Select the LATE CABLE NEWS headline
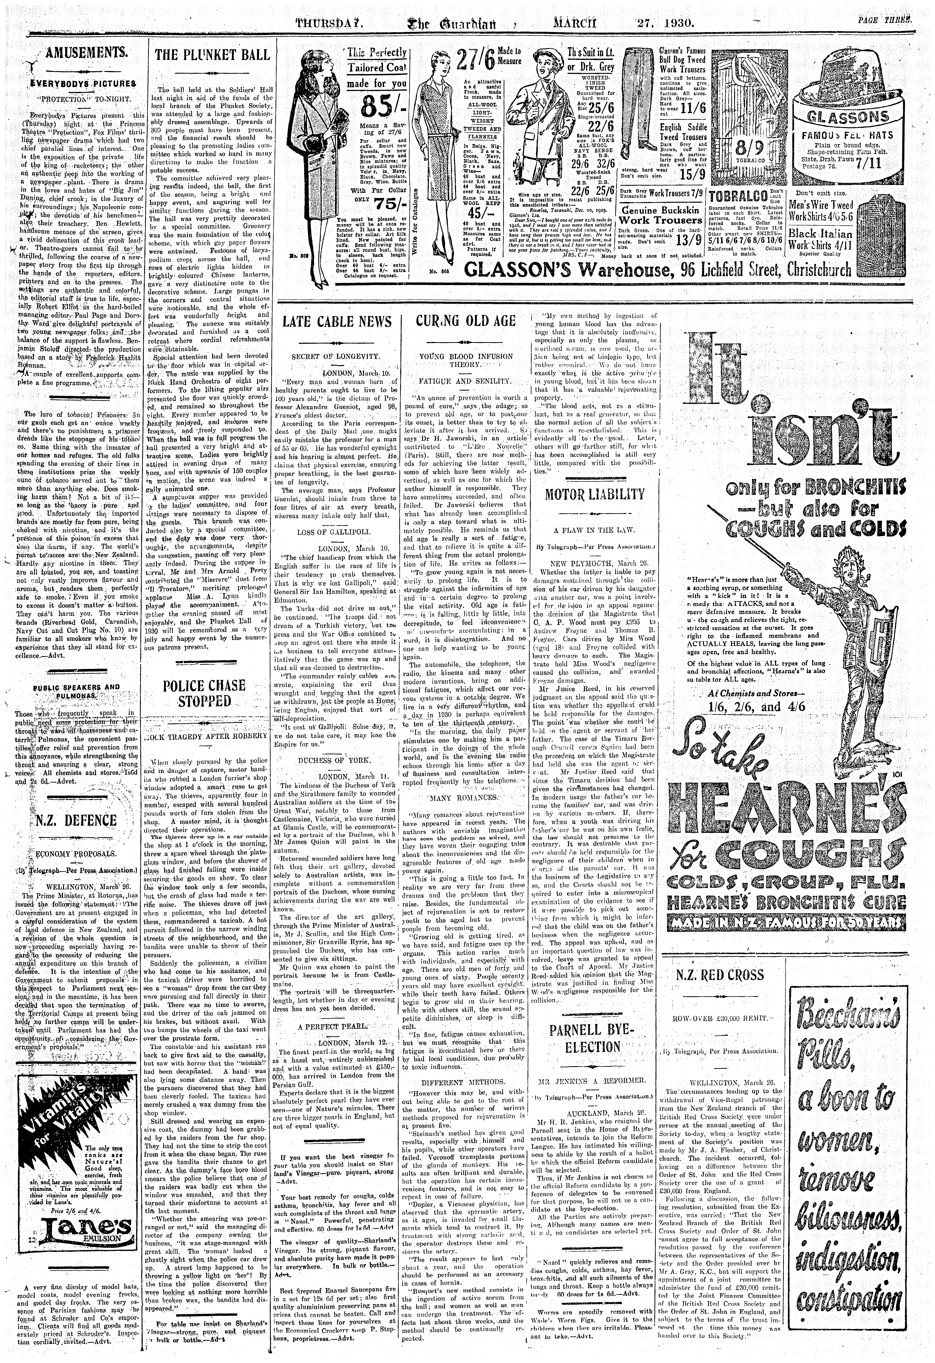pyautogui.click(x=337, y=321)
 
